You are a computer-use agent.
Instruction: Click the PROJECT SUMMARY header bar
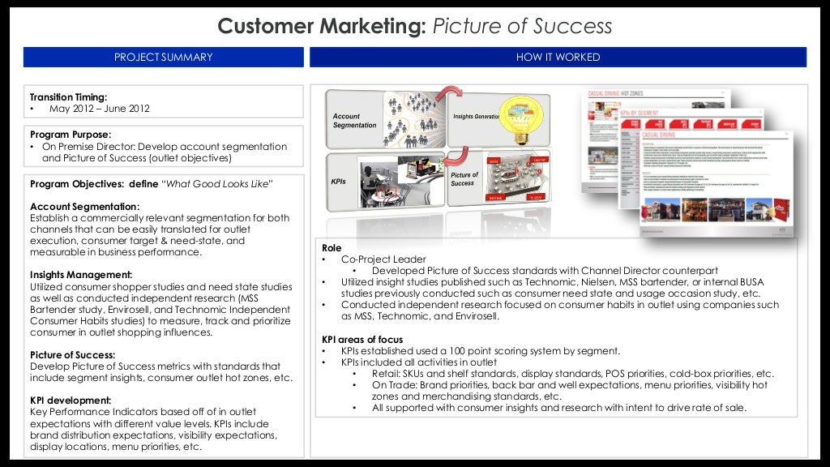163,57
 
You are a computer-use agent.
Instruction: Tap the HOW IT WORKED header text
558,57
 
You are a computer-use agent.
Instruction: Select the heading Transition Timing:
68,96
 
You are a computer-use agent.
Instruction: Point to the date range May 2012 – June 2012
100,109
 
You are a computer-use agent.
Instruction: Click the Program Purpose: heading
71,134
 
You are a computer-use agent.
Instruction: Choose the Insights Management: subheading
81,275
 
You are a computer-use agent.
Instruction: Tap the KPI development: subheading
70,400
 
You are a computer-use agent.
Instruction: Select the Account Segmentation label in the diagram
354,121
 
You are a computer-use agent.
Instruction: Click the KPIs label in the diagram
339,181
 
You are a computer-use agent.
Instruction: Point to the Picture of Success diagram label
464,179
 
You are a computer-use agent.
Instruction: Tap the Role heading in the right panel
332,248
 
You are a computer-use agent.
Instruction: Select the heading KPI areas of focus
362,339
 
